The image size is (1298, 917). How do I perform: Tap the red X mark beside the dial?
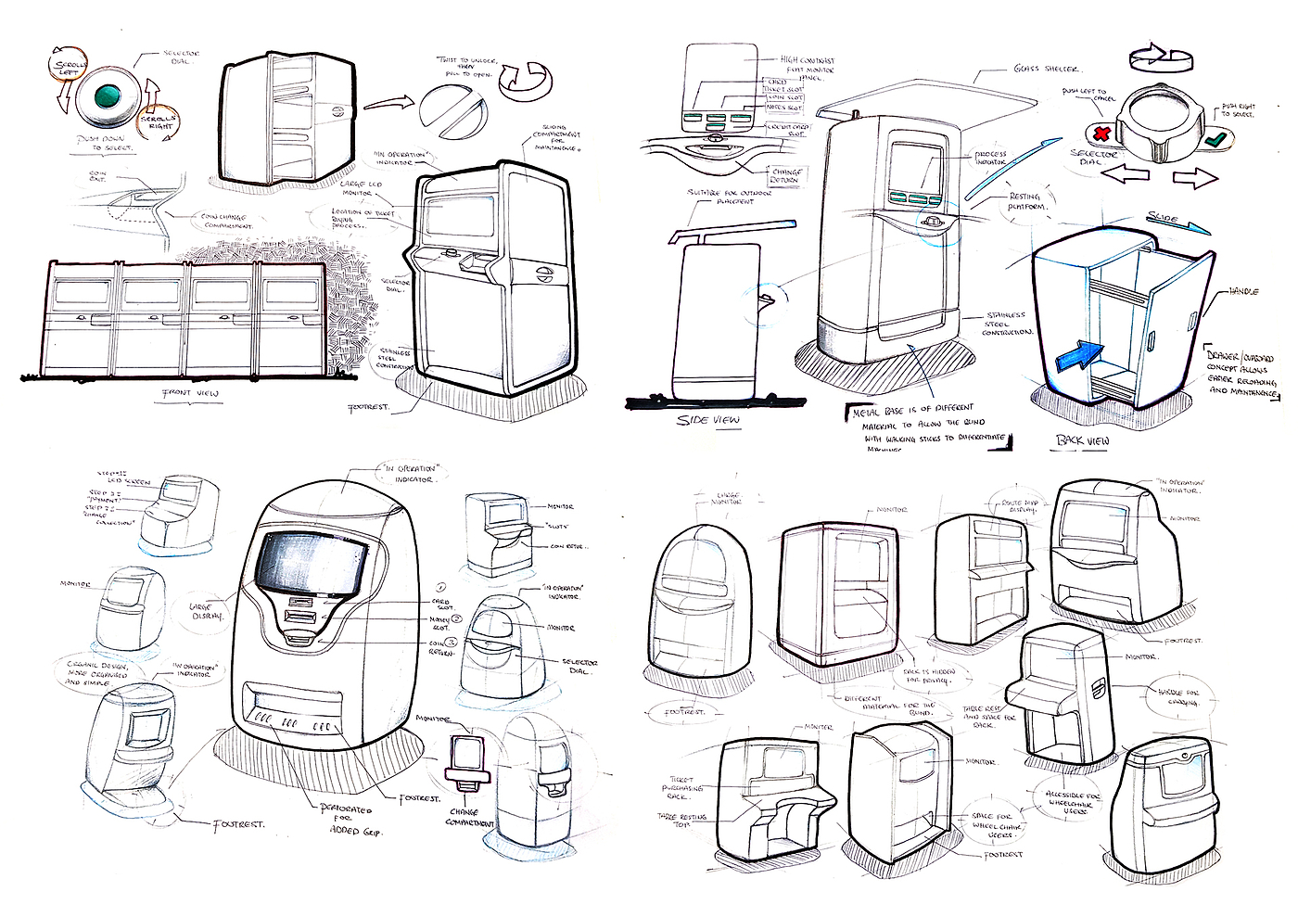pos(1102,134)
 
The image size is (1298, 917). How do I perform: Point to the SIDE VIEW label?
pos(708,420)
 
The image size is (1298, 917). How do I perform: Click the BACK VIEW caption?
pos(1083,440)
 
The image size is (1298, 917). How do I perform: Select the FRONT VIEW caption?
pos(191,393)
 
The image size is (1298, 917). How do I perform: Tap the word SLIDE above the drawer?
pos(1163,219)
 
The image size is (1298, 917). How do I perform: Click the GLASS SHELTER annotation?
pos(1046,69)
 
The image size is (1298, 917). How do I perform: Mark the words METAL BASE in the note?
pos(878,409)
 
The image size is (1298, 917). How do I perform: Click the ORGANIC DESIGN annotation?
pos(96,674)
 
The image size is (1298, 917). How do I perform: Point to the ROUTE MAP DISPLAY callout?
pos(1018,506)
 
